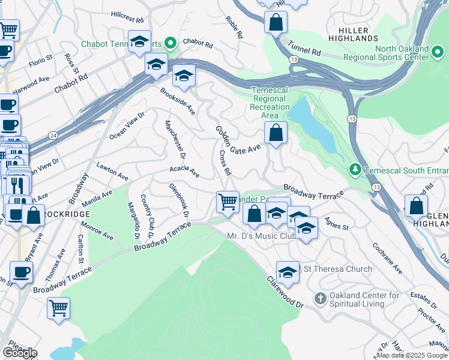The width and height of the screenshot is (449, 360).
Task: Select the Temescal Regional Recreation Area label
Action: (x=270, y=103)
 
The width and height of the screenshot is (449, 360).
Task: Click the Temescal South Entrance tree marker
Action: (x=356, y=170)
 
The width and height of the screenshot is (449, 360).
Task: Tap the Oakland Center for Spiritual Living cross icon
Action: (x=320, y=298)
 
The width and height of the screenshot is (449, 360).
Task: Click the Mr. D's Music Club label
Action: (x=261, y=236)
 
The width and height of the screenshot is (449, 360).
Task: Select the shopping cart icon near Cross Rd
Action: (x=228, y=202)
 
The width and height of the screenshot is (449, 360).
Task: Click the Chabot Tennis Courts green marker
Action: (x=170, y=43)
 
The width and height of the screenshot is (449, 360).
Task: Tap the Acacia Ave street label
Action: (x=184, y=172)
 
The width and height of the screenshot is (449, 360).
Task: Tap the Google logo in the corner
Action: (x=20, y=353)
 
